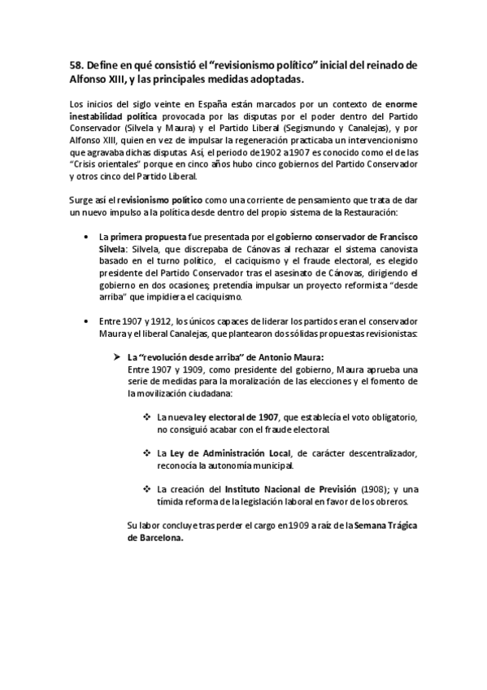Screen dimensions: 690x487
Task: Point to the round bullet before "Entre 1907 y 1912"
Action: tap(87, 322)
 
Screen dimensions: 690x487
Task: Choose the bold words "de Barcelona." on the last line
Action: tap(156, 539)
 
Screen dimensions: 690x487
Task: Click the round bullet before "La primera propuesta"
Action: tap(87, 236)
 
